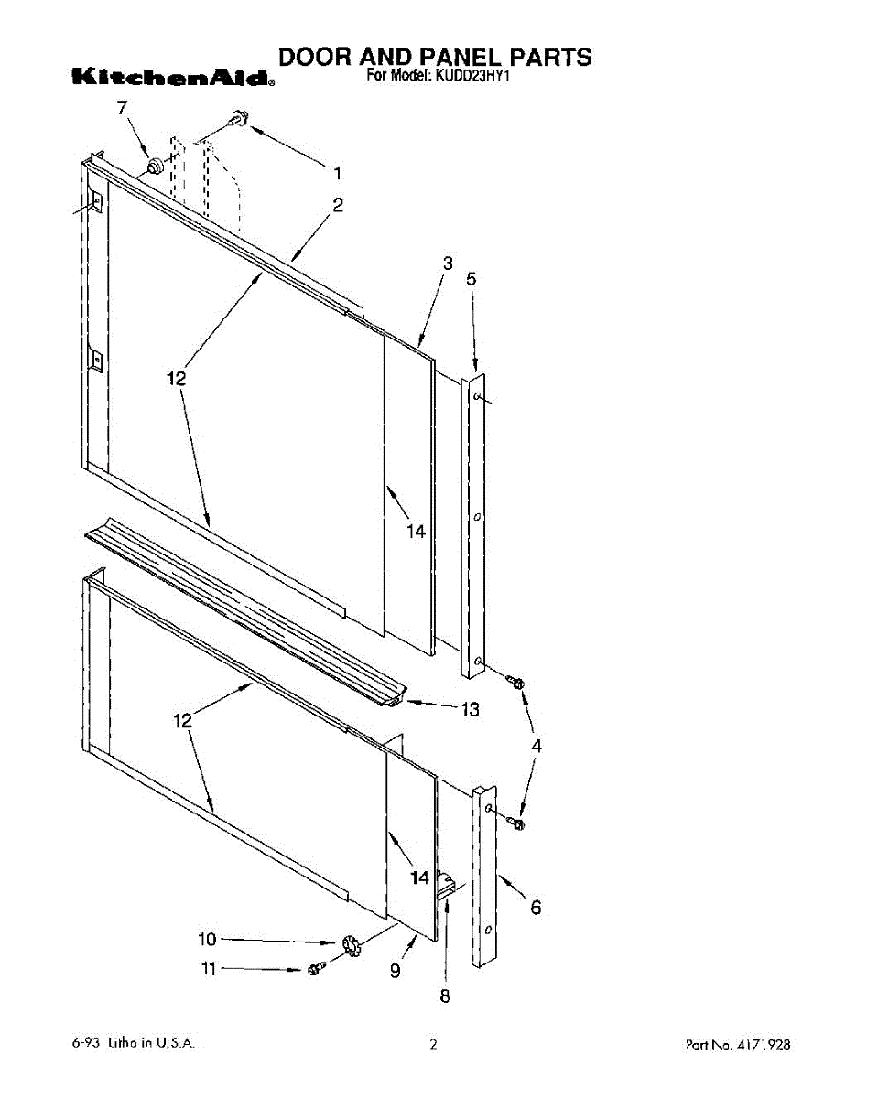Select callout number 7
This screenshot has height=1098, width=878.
[122, 108]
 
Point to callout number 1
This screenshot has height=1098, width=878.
[337, 171]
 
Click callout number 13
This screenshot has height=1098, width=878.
[470, 709]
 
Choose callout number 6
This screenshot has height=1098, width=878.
[536, 907]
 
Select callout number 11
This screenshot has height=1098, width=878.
[209, 968]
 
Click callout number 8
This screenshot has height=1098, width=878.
[445, 996]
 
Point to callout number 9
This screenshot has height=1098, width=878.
[395, 972]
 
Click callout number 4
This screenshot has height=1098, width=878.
[537, 746]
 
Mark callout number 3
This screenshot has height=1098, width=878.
[448, 264]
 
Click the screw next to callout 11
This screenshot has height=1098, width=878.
[316, 968]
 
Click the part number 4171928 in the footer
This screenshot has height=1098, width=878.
[764, 1044]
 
